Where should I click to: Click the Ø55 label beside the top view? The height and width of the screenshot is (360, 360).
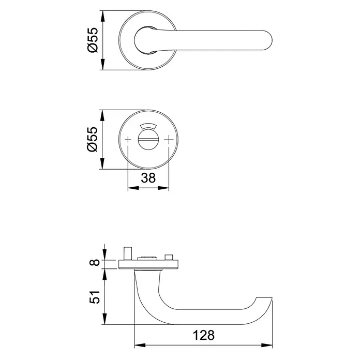[x=93, y=40]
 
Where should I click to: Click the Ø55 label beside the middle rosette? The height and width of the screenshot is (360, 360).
[x=93, y=139]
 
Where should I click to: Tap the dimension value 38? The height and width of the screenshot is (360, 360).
[x=148, y=178]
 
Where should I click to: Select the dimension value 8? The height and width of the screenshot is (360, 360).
[x=94, y=262]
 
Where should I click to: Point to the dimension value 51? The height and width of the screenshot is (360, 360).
[x=94, y=297]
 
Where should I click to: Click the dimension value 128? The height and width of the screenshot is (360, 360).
[x=204, y=335]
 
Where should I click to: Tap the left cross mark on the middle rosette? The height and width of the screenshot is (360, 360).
[x=128, y=139]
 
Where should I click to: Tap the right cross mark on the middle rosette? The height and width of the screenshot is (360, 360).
[x=169, y=139]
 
